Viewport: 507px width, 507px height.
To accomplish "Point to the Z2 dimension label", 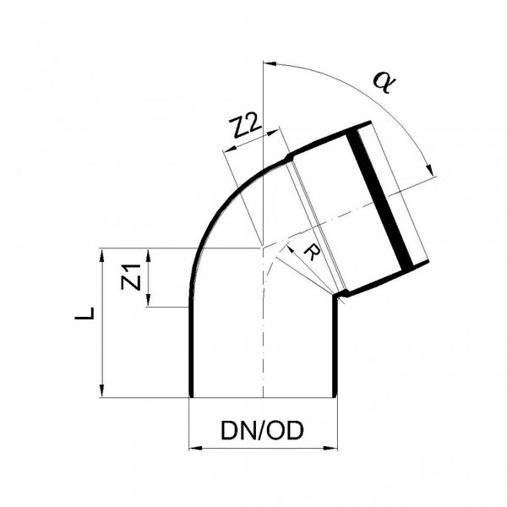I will tap(245, 128).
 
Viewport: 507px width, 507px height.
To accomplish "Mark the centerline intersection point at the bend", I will tap(264, 248).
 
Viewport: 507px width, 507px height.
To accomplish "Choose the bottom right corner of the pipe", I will tap(338, 396).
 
